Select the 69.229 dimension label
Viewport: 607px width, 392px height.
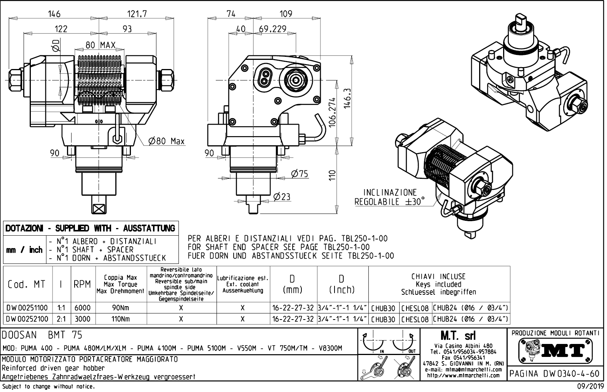[x=272, y=29]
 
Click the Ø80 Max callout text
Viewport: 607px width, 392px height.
[x=166, y=141]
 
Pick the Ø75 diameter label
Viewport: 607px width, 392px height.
[x=300, y=174]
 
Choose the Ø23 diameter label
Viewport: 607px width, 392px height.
[x=282, y=197]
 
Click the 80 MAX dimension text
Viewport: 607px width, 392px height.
[x=100, y=45]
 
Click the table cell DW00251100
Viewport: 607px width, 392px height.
[x=27, y=308]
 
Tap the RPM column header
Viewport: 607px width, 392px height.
[x=82, y=284]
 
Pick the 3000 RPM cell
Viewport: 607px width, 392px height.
[x=82, y=319]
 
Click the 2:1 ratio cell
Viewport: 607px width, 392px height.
[x=61, y=319]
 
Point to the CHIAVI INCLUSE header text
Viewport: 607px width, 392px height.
[x=438, y=277]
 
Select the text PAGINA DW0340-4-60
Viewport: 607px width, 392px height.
[x=555, y=374]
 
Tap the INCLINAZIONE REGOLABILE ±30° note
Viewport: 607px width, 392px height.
[x=390, y=197]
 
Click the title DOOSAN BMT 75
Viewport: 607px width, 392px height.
[x=42, y=335]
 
